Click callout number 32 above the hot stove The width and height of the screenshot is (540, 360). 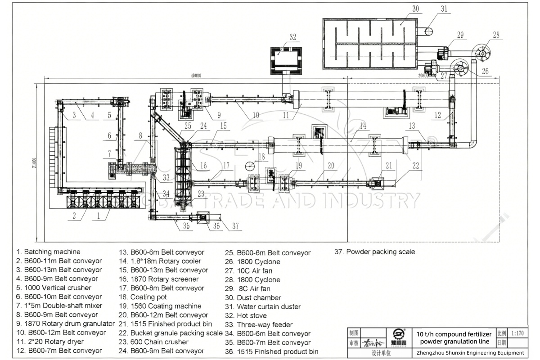[293, 37]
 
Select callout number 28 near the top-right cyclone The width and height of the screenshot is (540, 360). [496, 34]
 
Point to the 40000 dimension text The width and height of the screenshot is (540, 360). [195, 76]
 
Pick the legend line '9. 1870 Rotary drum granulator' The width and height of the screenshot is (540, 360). [66, 324]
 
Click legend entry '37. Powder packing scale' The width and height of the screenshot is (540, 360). [374, 252]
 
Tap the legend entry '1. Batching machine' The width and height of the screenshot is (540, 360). [49, 252]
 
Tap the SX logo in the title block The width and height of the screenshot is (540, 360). [399, 334]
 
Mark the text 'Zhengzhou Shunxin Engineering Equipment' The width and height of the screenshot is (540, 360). [470, 353]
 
